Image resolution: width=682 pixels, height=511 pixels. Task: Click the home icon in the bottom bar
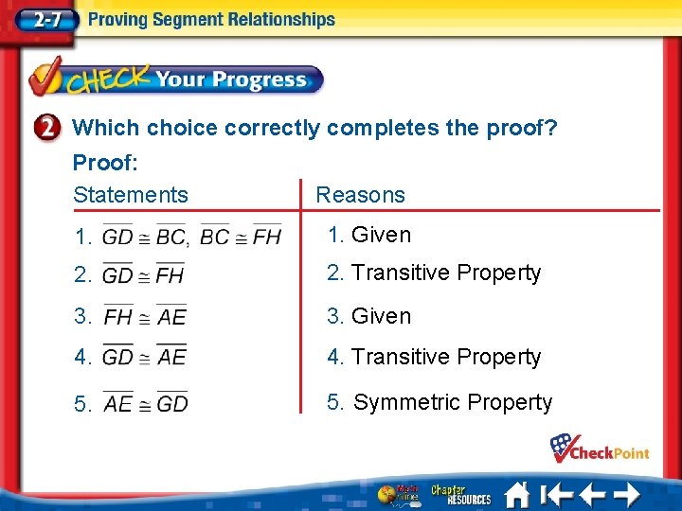tap(517, 494)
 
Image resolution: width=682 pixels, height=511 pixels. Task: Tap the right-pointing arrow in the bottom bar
tap(624, 494)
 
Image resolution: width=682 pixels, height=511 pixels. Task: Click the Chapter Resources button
tap(461, 494)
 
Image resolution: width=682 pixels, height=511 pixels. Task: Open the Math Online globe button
tap(399, 494)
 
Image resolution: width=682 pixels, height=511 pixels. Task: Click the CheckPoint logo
tap(600, 449)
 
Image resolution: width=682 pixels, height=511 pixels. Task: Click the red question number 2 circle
tap(52, 128)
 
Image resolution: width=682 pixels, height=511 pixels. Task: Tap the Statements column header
tap(131, 195)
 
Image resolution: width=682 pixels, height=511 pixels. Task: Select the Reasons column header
tap(360, 195)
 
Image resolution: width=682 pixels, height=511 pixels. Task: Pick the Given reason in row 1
tap(381, 235)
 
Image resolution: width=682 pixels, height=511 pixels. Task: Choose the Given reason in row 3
tap(381, 316)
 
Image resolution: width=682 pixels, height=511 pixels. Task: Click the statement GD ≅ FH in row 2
tap(143, 275)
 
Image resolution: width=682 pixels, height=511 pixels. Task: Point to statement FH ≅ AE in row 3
tap(145, 316)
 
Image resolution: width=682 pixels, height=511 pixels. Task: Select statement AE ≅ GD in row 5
tap(145, 403)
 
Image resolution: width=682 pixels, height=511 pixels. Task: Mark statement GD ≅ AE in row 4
tap(144, 358)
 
